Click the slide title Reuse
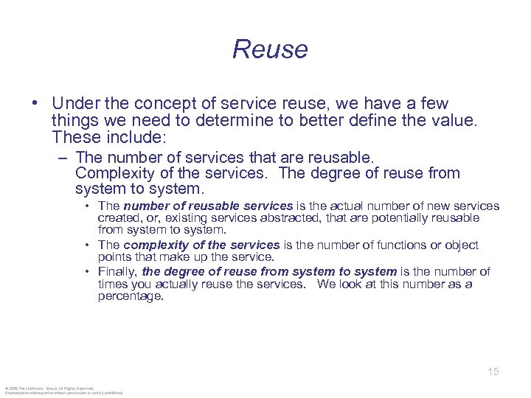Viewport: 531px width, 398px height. (x=270, y=49)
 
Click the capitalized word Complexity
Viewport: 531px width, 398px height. (x=117, y=173)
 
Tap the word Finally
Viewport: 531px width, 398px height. (x=117, y=272)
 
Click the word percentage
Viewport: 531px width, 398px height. (x=131, y=296)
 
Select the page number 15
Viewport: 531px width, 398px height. (x=493, y=371)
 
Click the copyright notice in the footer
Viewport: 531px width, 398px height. (x=63, y=390)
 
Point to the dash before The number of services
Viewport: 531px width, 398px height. (x=66, y=158)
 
